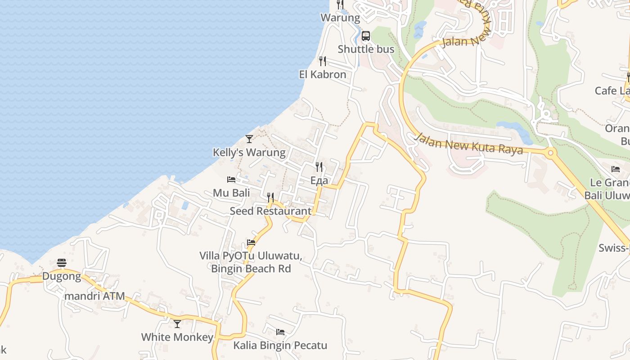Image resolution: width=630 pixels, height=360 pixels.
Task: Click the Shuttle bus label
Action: (x=366, y=49)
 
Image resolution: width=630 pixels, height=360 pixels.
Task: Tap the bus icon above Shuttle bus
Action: (x=366, y=36)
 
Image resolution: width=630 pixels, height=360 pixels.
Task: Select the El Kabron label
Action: (x=323, y=74)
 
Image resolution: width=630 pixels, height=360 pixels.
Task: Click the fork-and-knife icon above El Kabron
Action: (x=322, y=61)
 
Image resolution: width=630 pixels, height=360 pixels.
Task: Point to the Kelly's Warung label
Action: (x=249, y=153)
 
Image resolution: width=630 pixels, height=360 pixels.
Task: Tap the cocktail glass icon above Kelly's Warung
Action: (x=249, y=139)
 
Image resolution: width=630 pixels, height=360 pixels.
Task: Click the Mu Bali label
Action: (x=231, y=193)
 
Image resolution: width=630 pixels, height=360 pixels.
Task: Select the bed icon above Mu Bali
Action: (x=231, y=180)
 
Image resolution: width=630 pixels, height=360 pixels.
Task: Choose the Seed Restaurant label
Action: (x=270, y=211)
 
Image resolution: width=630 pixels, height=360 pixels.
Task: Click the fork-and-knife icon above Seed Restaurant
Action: (x=270, y=197)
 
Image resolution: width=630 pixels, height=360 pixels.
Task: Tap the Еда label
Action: (x=319, y=180)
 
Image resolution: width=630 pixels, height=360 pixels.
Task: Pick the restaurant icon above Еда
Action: (x=319, y=167)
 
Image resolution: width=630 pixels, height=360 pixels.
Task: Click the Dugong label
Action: (x=62, y=276)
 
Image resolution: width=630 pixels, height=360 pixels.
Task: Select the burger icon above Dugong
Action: (x=62, y=262)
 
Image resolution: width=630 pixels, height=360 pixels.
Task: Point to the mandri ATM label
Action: (x=94, y=297)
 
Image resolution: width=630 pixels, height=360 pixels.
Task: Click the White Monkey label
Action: (x=177, y=337)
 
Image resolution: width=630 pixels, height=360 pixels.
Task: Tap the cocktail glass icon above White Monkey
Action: (x=177, y=324)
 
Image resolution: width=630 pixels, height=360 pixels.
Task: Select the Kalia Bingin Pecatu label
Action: (x=280, y=346)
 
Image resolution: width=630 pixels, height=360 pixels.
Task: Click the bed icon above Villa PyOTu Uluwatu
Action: (x=251, y=242)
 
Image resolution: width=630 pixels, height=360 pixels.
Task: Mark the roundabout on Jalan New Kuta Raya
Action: (x=550, y=153)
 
